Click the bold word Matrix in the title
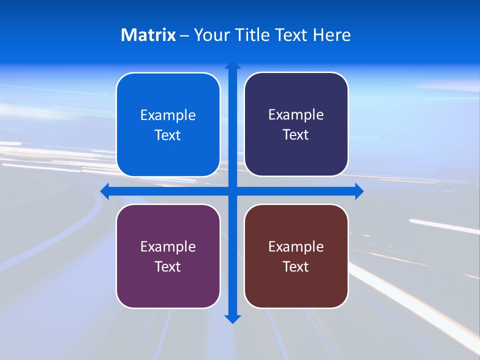tap(148, 35)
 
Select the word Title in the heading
tap(253, 35)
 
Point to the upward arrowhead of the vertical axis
tap(232, 65)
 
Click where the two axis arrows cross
tap(232, 191)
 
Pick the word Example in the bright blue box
tap(168, 115)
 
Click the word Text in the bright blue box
tap(168, 135)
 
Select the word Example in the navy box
tap(296, 115)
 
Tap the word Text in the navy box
tap(296, 135)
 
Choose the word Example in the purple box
tap(168, 247)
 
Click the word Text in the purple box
tap(168, 267)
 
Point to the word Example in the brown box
tap(296, 247)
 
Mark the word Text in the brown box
tap(296, 267)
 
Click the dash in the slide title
tap(184, 35)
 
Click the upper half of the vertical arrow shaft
tap(232, 125)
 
